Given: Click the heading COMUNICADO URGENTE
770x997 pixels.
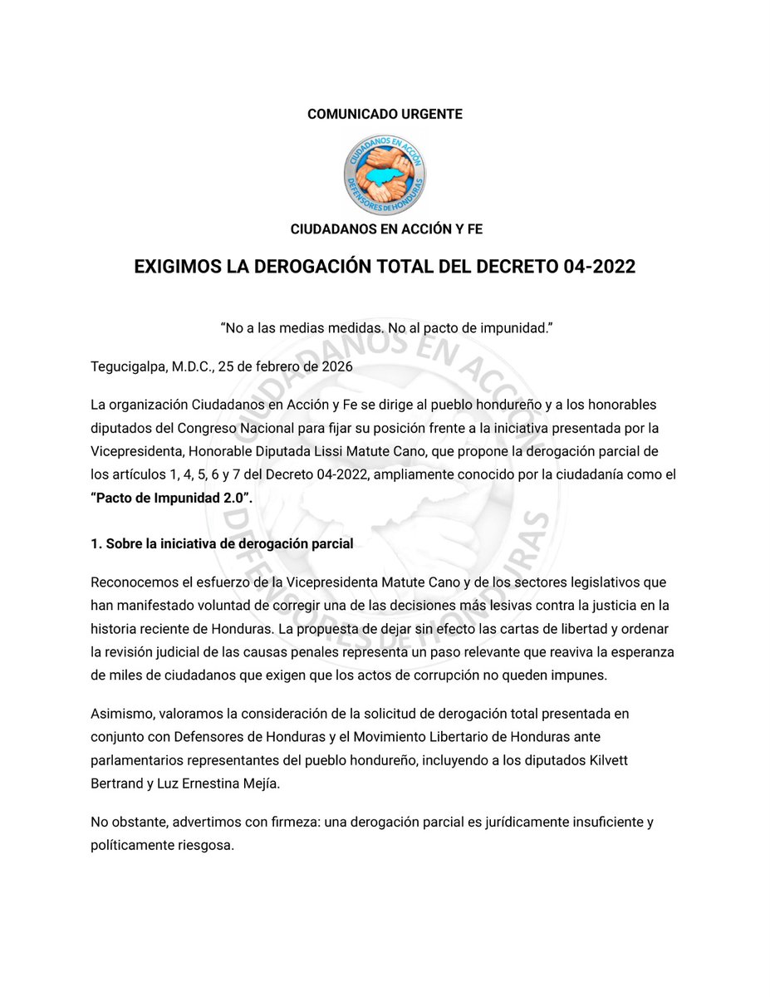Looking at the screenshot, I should coord(385,115).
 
